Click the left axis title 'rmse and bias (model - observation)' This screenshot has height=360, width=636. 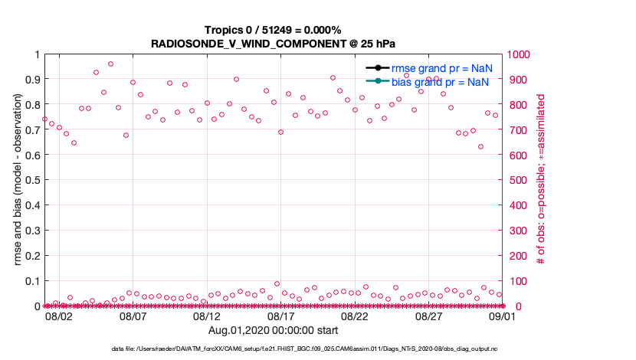[18, 180]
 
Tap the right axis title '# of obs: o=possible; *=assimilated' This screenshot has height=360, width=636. [541, 180]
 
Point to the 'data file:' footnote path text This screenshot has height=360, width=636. [315, 348]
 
